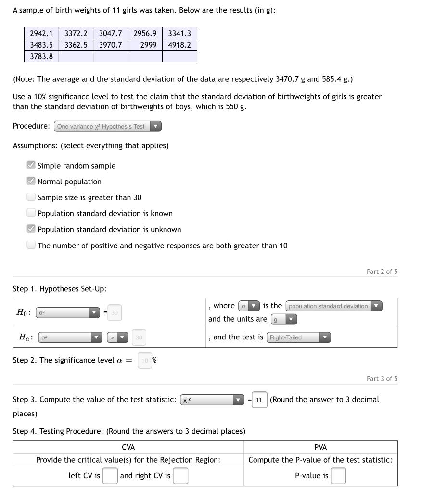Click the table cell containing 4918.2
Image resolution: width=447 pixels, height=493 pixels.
(x=179, y=45)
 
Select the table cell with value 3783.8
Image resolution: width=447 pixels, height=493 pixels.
(x=41, y=56)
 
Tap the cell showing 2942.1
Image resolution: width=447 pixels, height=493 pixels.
(x=41, y=33)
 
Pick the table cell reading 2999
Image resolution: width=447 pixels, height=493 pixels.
(x=145, y=45)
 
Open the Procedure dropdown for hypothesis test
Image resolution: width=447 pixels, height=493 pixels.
(x=108, y=126)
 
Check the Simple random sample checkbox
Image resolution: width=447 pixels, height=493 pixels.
(x=31, y=165)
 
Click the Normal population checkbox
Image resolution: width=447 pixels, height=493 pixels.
(x=31, y=181)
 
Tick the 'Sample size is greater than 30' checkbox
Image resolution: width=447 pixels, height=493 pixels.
(x=31, y=197)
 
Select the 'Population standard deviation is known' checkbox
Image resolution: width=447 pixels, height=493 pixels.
(x=31, y=213)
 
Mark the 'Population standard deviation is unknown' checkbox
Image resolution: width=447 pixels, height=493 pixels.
(x=31, y=229)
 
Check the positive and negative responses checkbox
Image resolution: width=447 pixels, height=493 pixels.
(x=31, y=245)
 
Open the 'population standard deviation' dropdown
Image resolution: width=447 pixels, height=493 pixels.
(x=334, y=306)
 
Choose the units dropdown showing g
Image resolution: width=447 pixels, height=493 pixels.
(x=284, y=319)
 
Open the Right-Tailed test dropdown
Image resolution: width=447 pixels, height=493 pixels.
(x=299, y=337)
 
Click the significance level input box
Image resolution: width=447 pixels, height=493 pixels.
(x=145, y=361)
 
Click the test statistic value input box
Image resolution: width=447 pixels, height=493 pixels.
(x=259, y=400)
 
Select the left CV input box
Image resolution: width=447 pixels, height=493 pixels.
(x=110, y=476)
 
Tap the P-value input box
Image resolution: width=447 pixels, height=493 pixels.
(x=338, y=476)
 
